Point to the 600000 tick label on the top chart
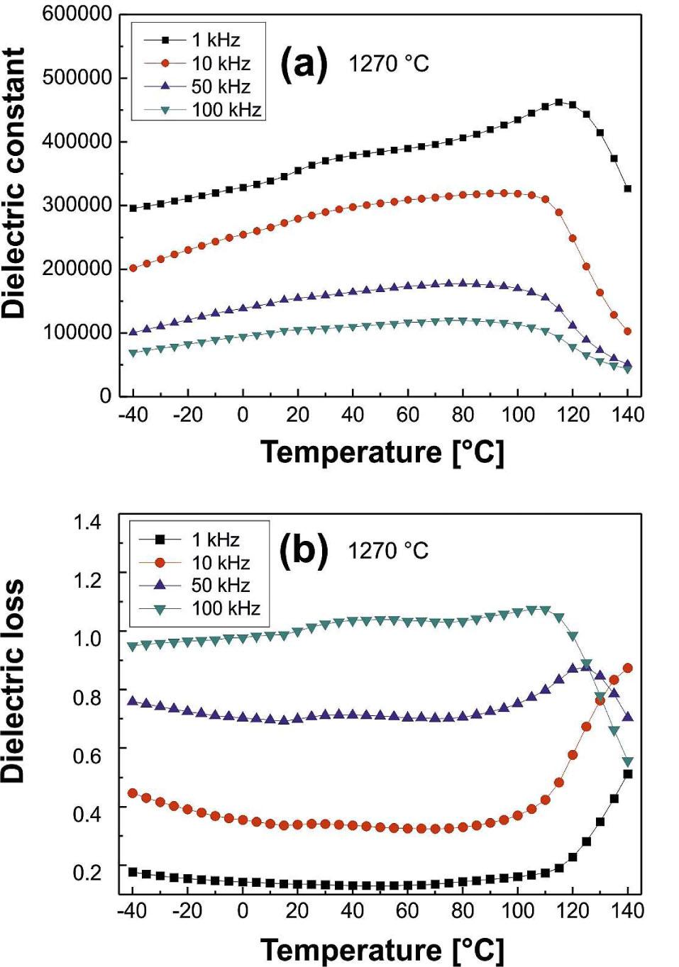[x=77, y=13]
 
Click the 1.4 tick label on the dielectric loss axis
[x=87, y=522]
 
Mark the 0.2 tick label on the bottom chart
[x=87, y=872]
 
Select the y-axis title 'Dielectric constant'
[x=14, y=183]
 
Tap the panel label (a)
[x=304, y=64]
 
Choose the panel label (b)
[x=304, y=551]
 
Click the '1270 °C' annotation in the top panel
[x=388, y=65]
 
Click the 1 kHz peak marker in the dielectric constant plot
[x=559, y=102]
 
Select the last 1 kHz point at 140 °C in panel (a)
[x=627, y=189]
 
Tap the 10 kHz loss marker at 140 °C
[x=627, y=668]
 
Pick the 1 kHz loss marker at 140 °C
[x=627, y=774]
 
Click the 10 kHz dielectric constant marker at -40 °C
[x=133, y=269]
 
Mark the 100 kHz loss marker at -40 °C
[x=133, y=647]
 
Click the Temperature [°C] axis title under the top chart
[x=382, y=452]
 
